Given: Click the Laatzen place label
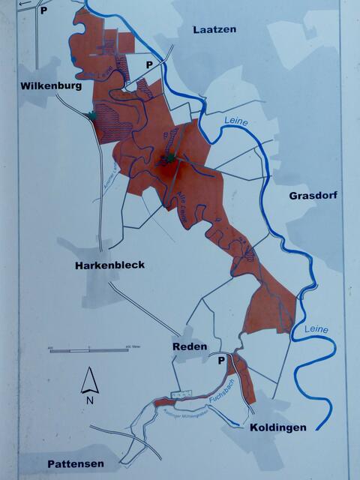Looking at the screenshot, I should point(214,29).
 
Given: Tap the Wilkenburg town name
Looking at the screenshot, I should point(50,85).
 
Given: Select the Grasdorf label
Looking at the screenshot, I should point(313,196).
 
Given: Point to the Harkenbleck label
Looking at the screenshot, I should point(109,265).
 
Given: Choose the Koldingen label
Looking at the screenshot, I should point(277,427).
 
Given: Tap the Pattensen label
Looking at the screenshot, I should point(73,463).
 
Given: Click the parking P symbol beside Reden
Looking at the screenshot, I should point(221,361).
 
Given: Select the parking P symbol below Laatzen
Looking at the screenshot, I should point(149,65).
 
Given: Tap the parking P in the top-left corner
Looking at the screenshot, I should point(43,10).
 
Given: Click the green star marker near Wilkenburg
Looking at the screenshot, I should point(91,115).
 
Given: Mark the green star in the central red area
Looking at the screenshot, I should point(169,158).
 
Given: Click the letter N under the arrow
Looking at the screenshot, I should point(90,399).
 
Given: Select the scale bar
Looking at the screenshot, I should point(88,349).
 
